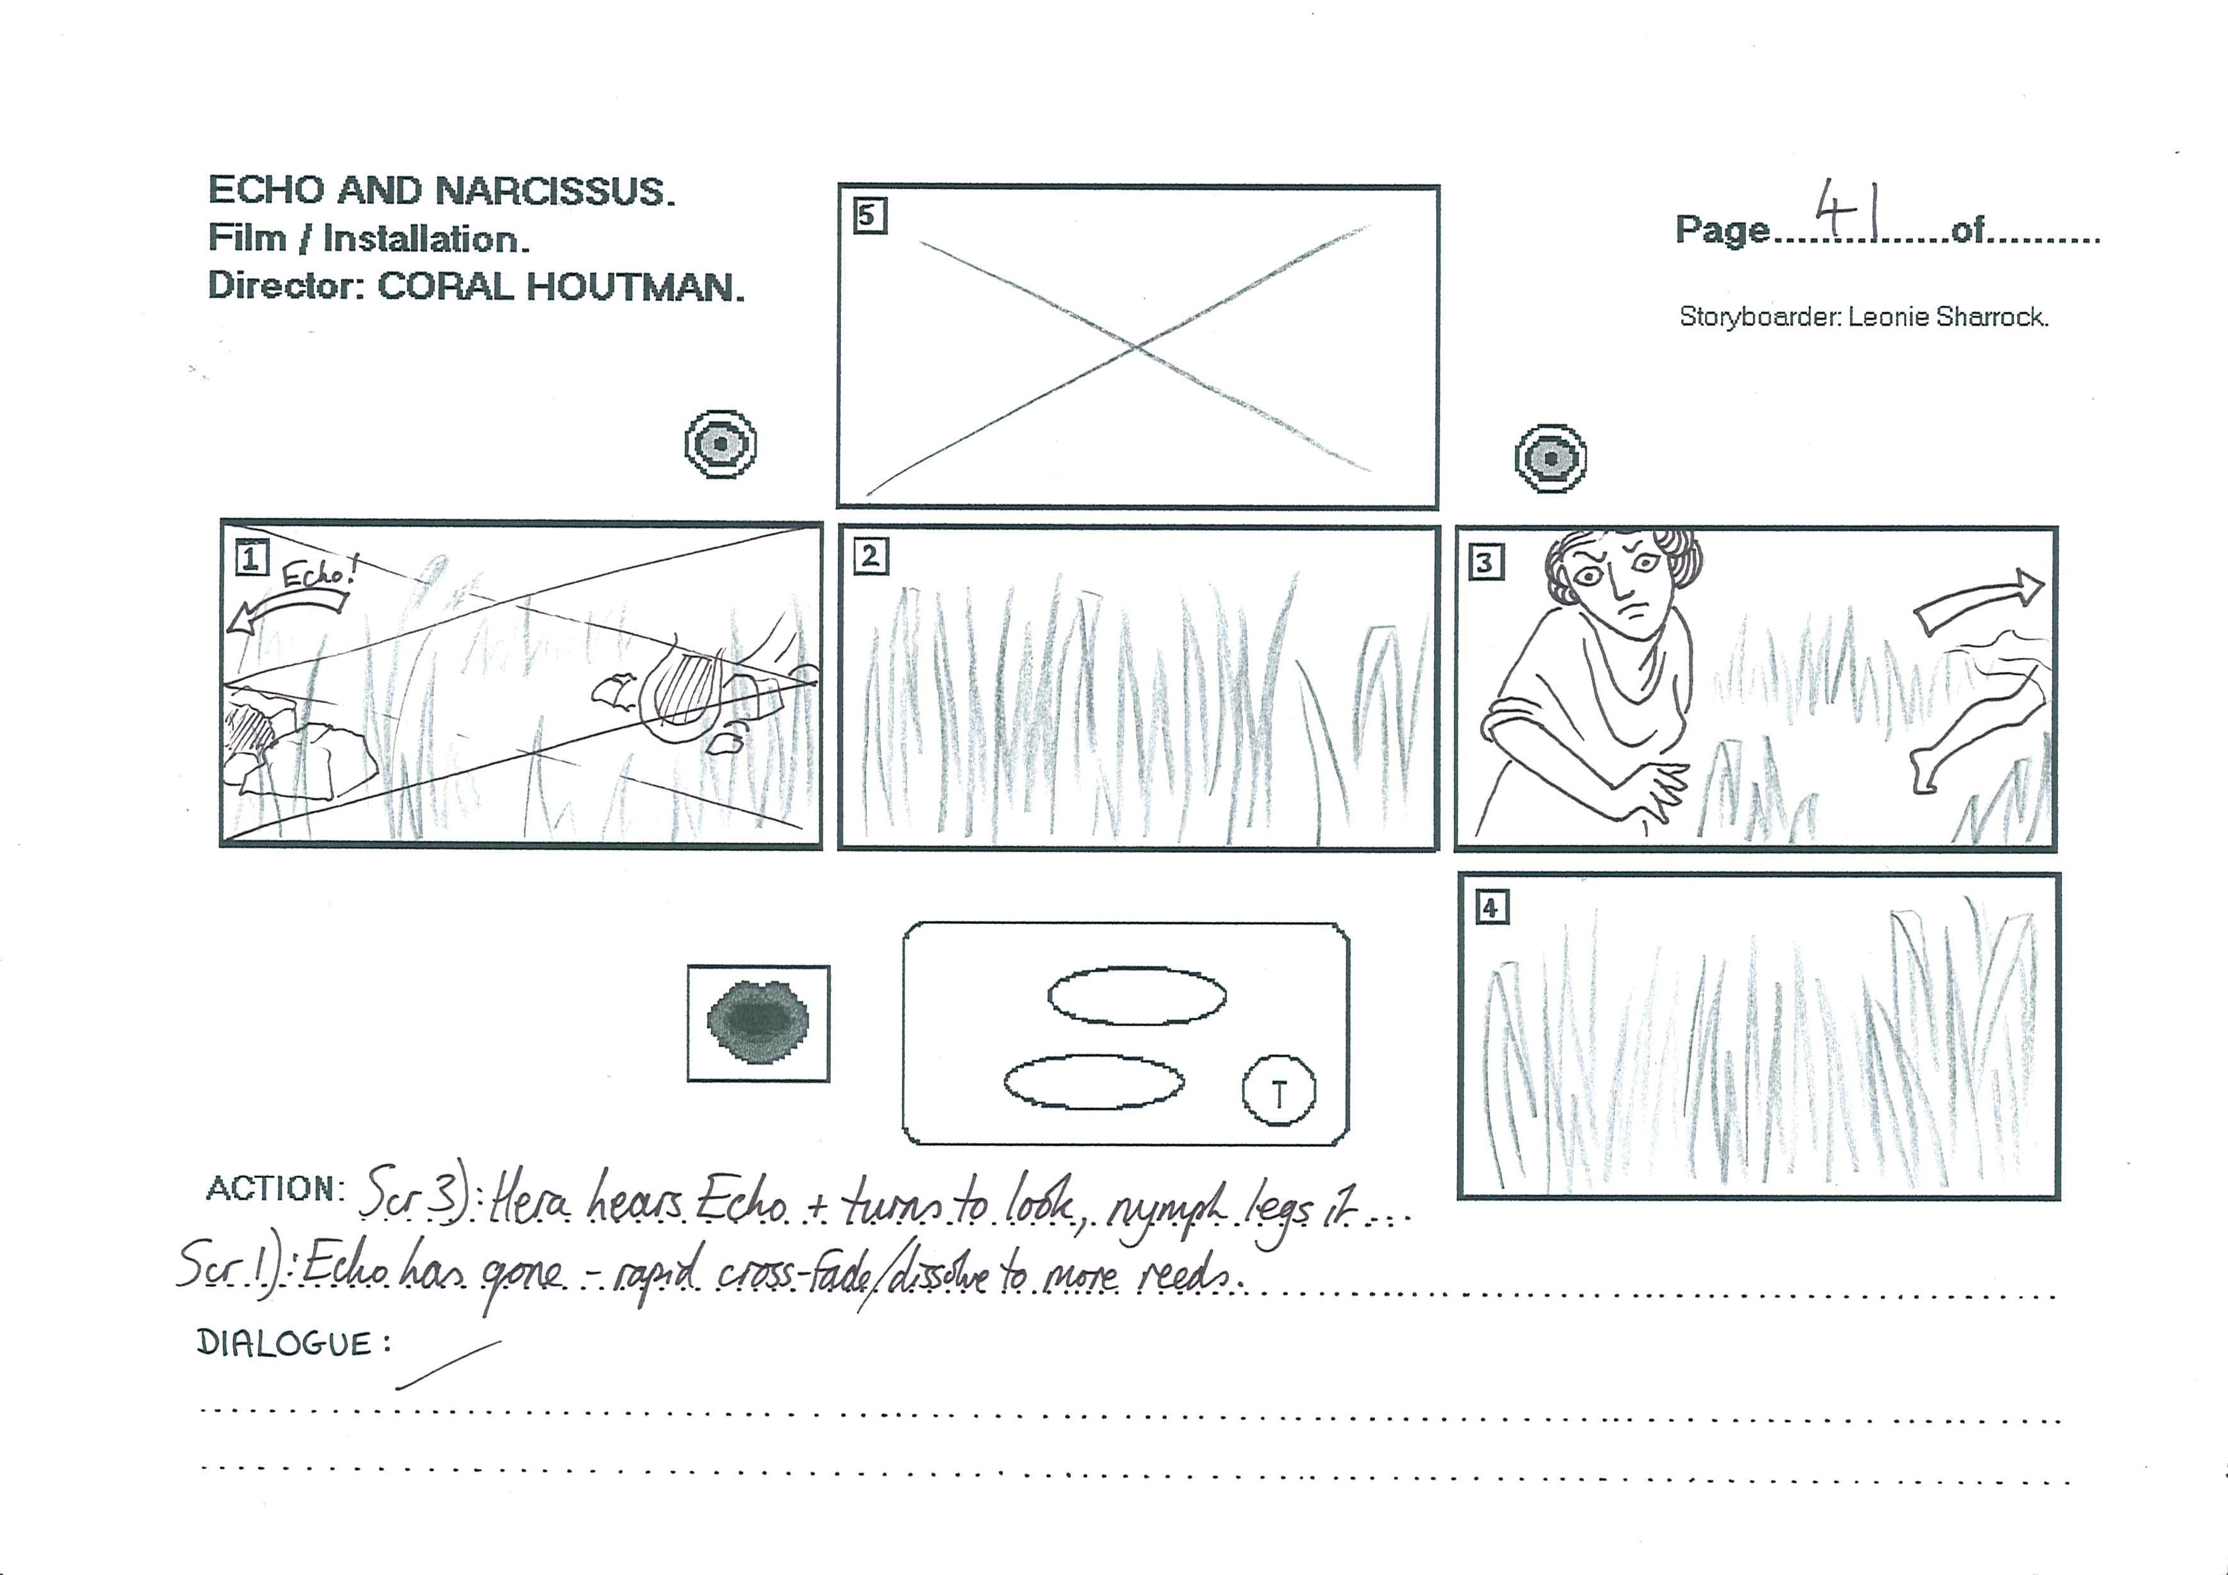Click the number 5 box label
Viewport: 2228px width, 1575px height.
coord(869,215)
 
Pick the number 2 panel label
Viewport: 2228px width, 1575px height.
coord(871,557)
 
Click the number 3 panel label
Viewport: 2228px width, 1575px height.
coord(1486,562)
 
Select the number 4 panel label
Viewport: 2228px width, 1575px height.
coord(1491,908)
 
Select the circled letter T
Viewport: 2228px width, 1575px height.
coord(1279,1091)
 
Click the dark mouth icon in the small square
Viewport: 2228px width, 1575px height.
coord(758,1022)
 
